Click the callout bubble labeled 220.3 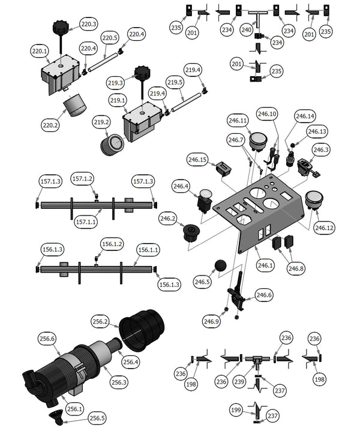88,25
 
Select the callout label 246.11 238,121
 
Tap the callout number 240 247,29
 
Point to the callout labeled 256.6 46,339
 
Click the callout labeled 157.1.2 83,179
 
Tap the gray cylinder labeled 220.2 74,109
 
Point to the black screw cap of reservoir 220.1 60,28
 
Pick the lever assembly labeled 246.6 235,294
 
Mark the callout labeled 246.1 265,264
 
